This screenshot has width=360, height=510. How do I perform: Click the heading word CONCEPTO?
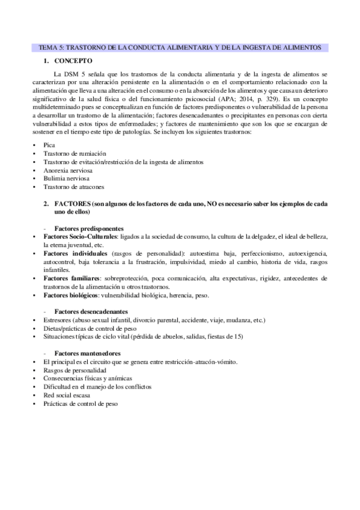coord(73,61)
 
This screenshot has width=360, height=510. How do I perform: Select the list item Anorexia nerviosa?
coord(67,171)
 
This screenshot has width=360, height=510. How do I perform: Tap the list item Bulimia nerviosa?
coord(65,179)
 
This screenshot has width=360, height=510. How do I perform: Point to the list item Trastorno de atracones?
coord(71,187)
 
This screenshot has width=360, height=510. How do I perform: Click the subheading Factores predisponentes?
coord(88,229)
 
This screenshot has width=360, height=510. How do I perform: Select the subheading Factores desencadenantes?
coord(91,312)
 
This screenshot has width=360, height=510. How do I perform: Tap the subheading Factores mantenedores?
coord(87,352)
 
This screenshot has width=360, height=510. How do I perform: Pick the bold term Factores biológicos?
coord(70,295)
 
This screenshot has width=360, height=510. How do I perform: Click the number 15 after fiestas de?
coord(239,337)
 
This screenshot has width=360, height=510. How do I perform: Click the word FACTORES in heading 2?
coord(72,204)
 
